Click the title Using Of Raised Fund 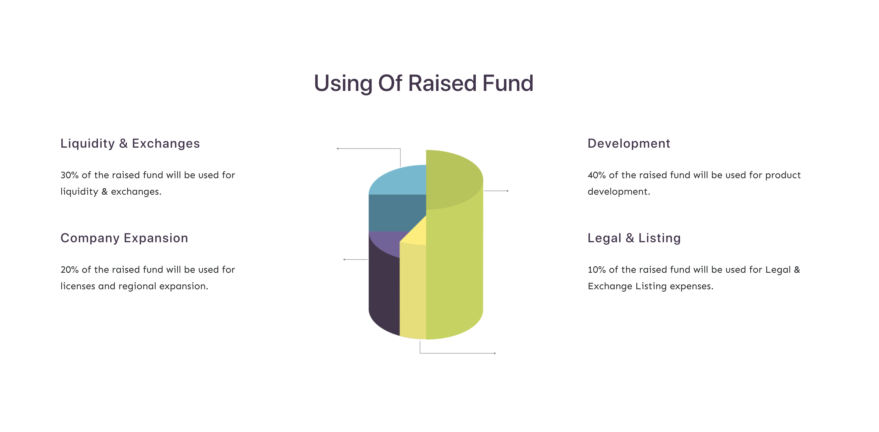[423, 84]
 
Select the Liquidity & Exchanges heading [130, 144]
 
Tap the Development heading [628, 144]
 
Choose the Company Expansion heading [124, 238]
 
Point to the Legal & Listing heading [634, 238]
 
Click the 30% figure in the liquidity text [70, 175]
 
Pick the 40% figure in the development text [597, 175]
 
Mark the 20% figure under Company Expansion [70, 270]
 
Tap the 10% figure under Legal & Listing [597, 270]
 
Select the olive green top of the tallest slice [454, 179]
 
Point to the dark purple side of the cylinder [384, 293]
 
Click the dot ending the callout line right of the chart [507, 191]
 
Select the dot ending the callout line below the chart [495, 353]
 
